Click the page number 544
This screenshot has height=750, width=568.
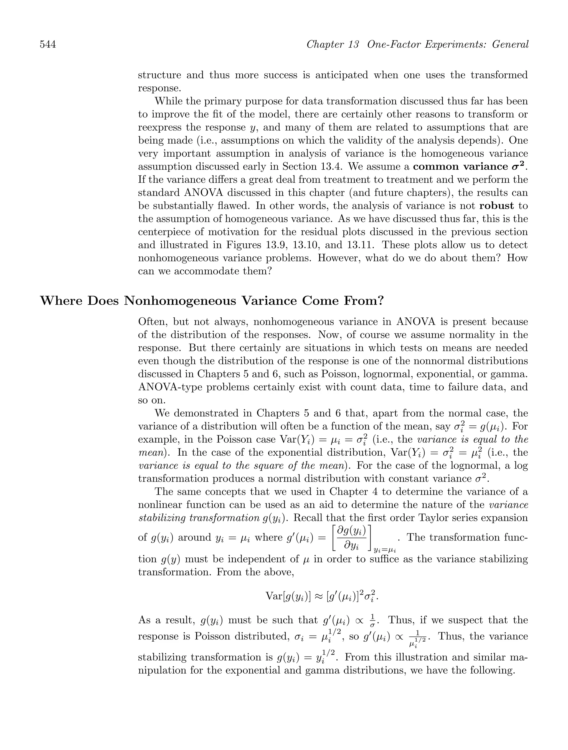[48, 45]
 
